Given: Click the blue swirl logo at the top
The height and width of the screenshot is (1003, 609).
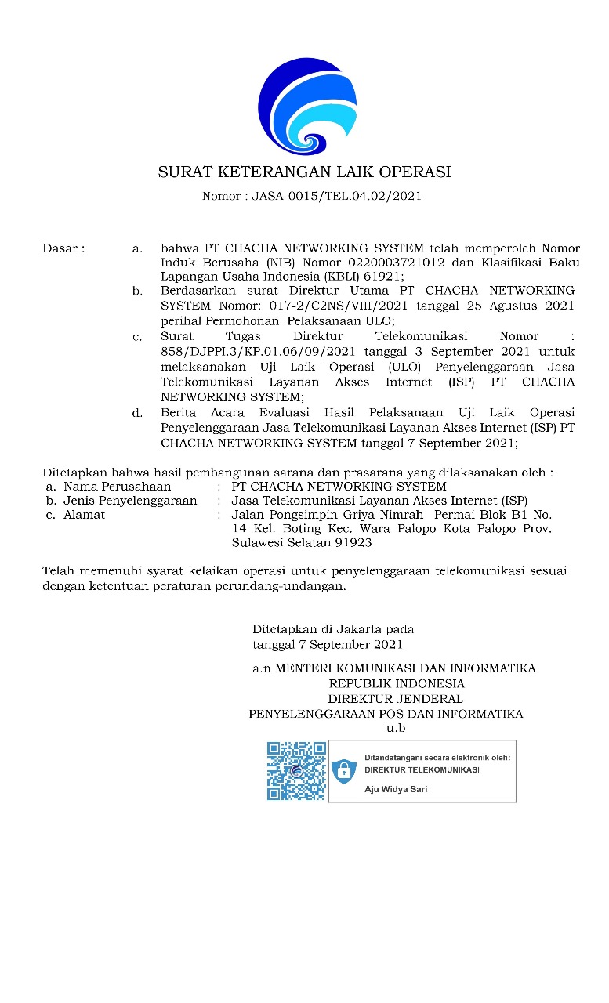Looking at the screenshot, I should (304, 103).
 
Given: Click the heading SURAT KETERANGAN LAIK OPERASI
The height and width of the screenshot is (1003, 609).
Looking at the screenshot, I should (304, 172).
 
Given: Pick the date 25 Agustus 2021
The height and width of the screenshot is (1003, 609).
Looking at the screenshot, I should (520, 305).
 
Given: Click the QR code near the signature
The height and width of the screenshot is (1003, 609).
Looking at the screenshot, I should (296, 771).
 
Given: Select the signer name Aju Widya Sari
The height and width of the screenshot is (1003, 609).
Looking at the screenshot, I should (396, 789).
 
